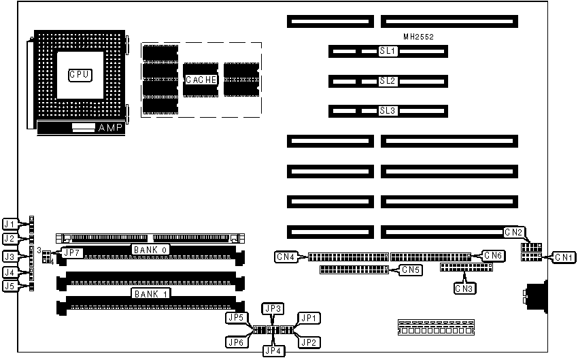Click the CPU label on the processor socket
(x=80, y=73)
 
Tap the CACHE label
(x=201, y=80)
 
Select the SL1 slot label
(x=388, y=52)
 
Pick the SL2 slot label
(x=388, y=81)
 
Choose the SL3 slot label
(x=388, y=110)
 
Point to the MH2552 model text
(x=418, y=36)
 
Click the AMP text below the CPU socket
(x=110, y=128)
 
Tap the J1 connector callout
(x=10, y=224)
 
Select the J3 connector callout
(x=10, y=257)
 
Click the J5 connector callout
(x=10, y=287)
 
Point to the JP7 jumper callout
(x=71, y=253)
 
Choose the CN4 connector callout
(x=285, y=257)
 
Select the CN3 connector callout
(x=464, y=288)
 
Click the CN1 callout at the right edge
(x=563, y=257)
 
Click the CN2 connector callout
(x=513, y=232)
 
